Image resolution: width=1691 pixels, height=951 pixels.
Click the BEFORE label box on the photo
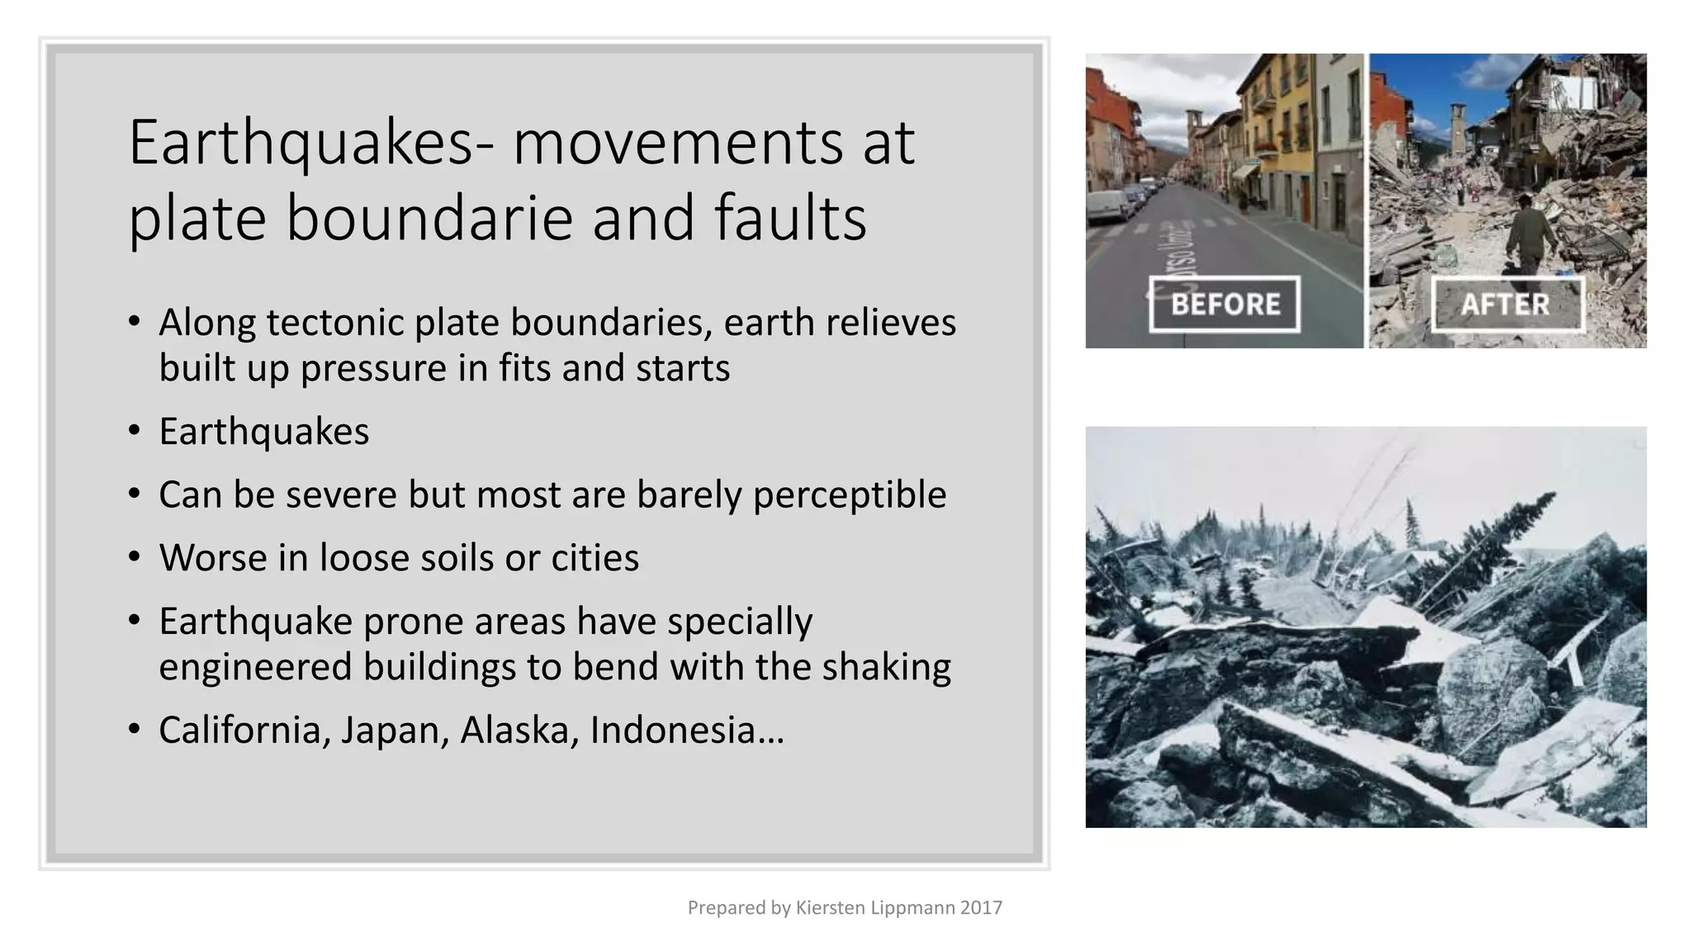point(1224,304)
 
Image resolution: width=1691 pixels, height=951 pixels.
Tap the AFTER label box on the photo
point(1507,304)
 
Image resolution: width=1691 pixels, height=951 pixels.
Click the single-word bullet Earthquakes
point(264,431)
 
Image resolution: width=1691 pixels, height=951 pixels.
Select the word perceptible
point(849,494)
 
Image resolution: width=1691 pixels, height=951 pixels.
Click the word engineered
point(255,667)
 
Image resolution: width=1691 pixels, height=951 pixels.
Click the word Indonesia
point(672,730)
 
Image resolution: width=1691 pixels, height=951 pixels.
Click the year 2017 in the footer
point(981,908)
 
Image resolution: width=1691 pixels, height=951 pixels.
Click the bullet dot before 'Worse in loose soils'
point(135,557)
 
